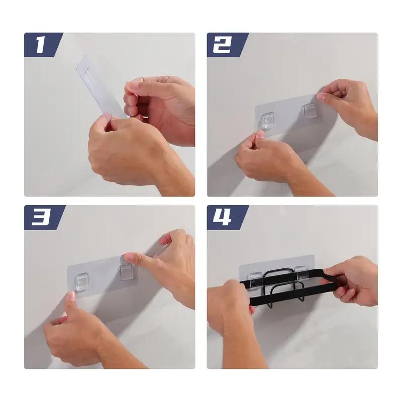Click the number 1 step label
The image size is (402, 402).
(x=41, y=45)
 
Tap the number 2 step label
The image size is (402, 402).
(x=223, y=45)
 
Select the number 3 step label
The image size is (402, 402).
(x=41, y=217)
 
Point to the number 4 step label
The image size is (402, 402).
(x=222, y=217)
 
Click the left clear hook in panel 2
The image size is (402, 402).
(x=268, y=120)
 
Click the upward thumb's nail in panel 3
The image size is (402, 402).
(x=71, y=296)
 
